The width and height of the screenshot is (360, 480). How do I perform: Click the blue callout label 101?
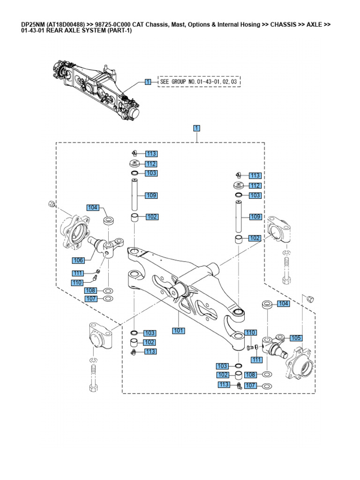pyautogui.click(x=178, y=330)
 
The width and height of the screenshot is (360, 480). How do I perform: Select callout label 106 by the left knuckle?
pyautogui.click(x=79, y=260)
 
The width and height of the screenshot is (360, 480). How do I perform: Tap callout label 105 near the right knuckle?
pyautogui.click(x=296, y=337)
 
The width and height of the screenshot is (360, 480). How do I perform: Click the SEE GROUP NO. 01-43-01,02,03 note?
pyautogui.click(x=199, y=82)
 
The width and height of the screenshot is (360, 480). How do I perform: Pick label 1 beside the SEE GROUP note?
pyautogui.click(x=148, y=82)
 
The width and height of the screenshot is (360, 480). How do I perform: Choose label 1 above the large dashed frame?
pyautogui.click(x=197, y=127)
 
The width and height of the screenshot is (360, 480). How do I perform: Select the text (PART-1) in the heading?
pyautogui.click(x=120, y=31)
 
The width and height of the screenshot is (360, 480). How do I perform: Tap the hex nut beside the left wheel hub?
pyautogui.click(x=52, y=204)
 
